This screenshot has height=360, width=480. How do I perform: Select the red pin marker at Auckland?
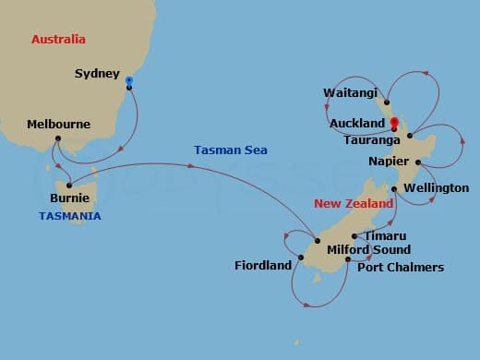pos(394,123)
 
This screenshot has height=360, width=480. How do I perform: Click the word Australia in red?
pos(58,40)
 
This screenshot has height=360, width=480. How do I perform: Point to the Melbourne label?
pos(58,124)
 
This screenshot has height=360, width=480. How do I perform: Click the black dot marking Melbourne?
pos(58,139)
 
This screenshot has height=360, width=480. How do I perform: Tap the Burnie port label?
pos(70,197)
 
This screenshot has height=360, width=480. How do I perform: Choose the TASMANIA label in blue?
pos(70,216)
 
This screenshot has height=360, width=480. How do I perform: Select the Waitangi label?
pos(348,92)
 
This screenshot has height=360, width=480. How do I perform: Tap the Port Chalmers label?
pos(401,268)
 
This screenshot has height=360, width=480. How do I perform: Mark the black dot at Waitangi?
pos(387,102)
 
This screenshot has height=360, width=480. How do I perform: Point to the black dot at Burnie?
pos(71,182)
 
